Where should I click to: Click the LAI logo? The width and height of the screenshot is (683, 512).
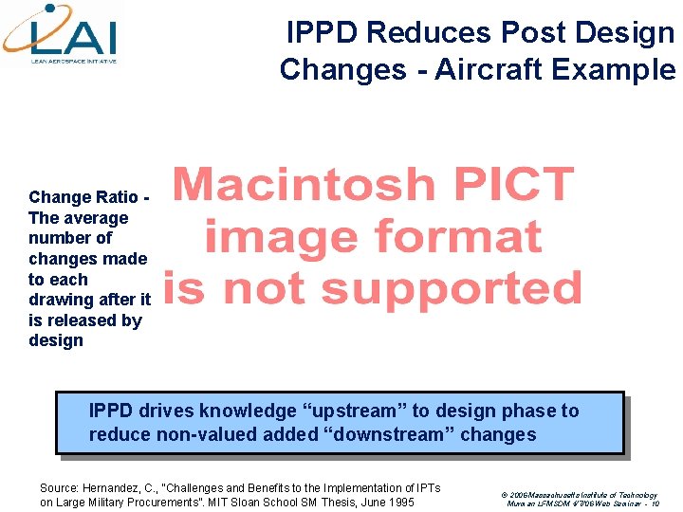click(63, 34)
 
